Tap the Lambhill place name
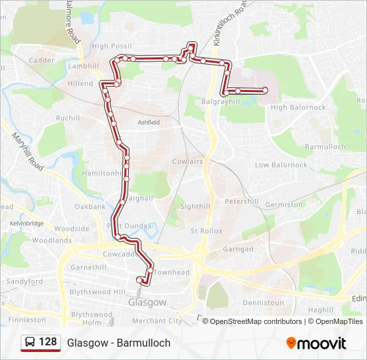point(83,66)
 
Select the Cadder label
point(41,60)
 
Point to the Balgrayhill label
point(220,101)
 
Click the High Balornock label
point(298,107)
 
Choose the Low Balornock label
point(281,165)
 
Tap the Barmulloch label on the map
point(325,147)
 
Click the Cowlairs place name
point(187,161)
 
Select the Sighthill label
point(195,207)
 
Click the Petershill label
point(241,201)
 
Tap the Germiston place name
point(284,205)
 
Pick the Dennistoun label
point(264,303)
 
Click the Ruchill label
point(67,118)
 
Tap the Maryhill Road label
point(26,151)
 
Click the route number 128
point(47,342)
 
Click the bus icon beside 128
point(30,342)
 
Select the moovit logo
point(316,343)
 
